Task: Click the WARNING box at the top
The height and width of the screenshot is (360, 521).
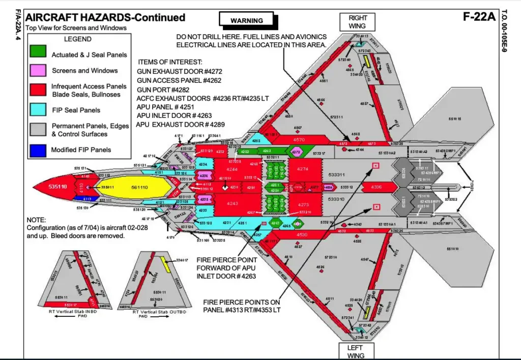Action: coord(247,20)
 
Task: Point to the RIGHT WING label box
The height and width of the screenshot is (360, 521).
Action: coord(358,22)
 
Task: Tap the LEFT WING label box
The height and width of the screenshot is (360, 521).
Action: coord(356,351)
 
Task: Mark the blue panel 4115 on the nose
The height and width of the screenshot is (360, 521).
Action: coord(88,199)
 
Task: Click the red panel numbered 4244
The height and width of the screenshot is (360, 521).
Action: coord(232,169)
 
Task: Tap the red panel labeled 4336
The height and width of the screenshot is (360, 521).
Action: coord(377,188)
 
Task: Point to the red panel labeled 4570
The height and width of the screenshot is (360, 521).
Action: coord(299,140)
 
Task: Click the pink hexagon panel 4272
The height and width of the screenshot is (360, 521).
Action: coord(296,152)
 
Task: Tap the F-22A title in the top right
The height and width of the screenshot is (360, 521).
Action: coord(479,16)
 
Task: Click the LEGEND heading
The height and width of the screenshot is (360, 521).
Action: coord(77,39)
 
